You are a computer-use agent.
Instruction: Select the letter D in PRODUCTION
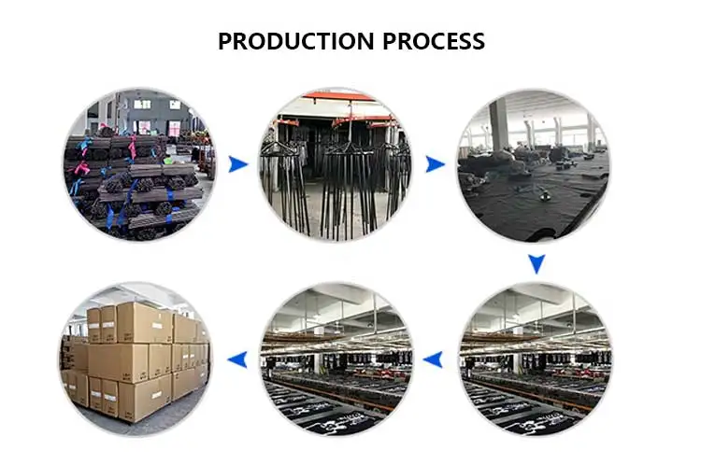[x=266, y=42]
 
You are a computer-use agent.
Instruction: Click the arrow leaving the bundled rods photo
[x=239, y=164]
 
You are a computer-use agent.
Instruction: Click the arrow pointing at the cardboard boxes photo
[x=239, y=359]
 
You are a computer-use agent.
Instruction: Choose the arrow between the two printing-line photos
[x=434, y=359]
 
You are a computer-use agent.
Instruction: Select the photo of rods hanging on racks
[x=335, y=165]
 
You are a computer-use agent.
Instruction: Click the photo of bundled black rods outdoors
[x=138, y=165]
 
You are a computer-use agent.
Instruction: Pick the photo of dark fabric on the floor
[x=534, y=165]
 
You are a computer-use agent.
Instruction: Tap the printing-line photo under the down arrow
[x=534, y=359]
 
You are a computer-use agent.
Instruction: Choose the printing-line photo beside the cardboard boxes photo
[x=335, y=359]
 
